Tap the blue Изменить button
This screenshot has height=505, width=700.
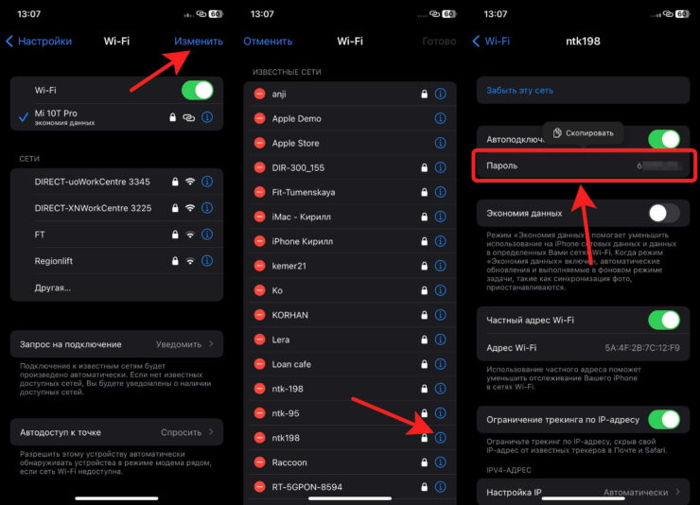[x=199, y=42]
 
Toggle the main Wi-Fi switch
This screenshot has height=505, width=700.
[x=197, y=91]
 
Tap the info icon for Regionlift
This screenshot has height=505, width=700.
[x=207, y=260]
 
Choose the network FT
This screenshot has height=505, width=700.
[x=41, y=234]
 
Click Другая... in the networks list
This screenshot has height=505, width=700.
[x=53, y=287]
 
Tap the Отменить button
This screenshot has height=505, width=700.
[x=267, y=42]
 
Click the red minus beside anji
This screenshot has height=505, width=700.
[x=259, y=94]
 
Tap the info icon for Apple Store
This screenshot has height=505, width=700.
[x=440, y=143]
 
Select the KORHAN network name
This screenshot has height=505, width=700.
[x=290, y=315]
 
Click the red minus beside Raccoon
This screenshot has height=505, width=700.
[x=259, y=462]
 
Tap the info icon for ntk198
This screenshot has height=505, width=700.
[x=440, y=438]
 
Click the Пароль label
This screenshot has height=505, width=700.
[x=502, y=166]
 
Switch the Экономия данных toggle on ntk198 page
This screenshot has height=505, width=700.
[x=663, y=214]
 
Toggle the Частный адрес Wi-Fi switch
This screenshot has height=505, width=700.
[x=663, y=320]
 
